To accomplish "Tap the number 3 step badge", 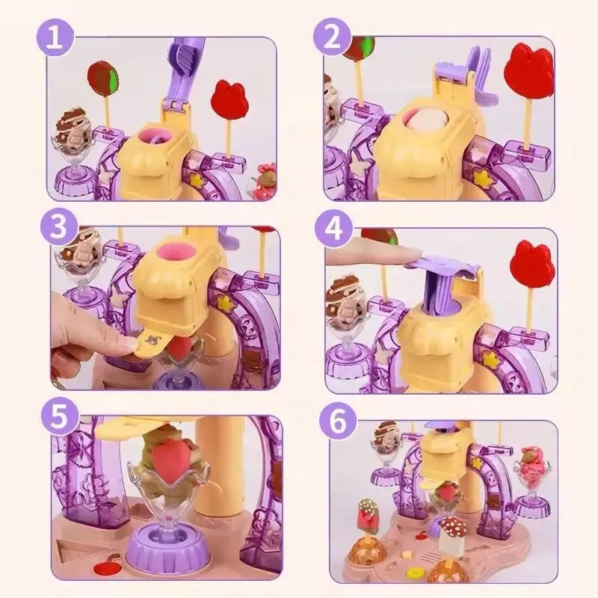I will tap(55, 226).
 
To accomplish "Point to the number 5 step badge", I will tap(54, 416).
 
